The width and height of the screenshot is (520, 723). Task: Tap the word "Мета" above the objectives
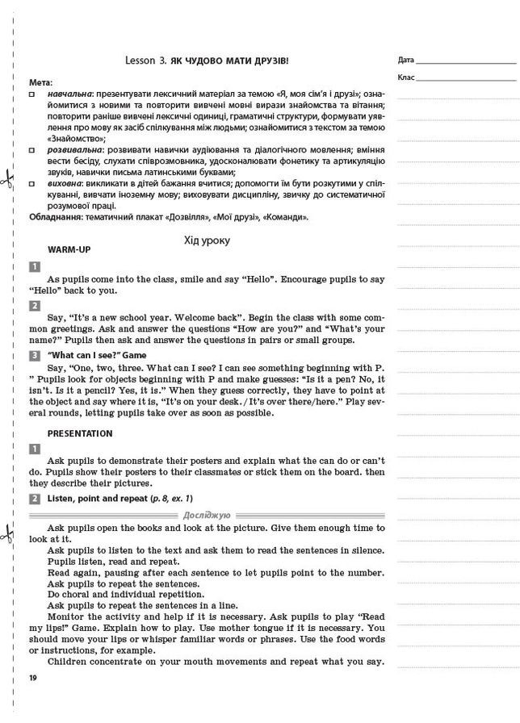[40, 82]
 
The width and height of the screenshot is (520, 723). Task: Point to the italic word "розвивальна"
[74, 150]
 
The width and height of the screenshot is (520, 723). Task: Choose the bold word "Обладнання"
[57, 217]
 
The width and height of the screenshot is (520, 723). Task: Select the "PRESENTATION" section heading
[80, 433]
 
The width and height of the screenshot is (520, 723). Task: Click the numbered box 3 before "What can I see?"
[35, 355]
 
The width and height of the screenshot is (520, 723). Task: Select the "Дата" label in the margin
[406, 61]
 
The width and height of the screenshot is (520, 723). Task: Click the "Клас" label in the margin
[406, 77]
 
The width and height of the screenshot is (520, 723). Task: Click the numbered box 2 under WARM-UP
[35, 306]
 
